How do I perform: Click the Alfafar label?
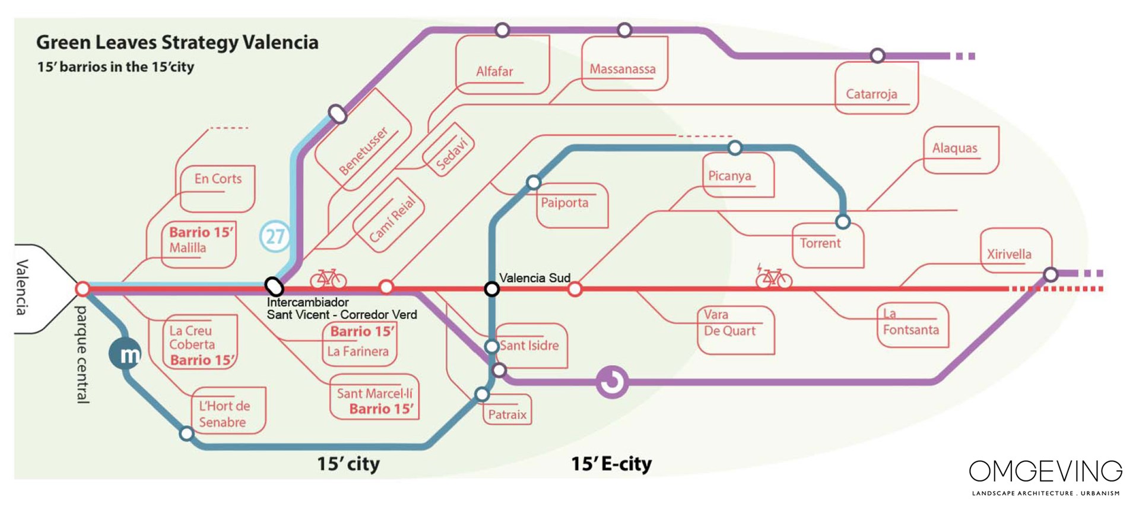click(494, 71)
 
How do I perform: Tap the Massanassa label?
click(622, 69)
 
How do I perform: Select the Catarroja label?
click(871, 94)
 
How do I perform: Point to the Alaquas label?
click(954, 148)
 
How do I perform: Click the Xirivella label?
click(1008, 254)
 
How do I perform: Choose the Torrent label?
click(820, 243)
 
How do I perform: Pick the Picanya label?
click(729, 176)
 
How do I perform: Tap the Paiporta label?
click(564, 202)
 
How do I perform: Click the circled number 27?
click(275, 237)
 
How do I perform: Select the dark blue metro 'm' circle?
click(125, 354)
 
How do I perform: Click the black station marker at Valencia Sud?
click(491, 289)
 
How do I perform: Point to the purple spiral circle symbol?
click(612, 382)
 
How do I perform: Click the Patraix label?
click(507, 414)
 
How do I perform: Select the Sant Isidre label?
click(529, 346)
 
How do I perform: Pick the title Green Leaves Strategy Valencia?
click(177, 42)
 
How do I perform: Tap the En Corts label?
click(218, 179)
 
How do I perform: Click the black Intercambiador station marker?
click(274, 287)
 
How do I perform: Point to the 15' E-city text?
click(611, 464)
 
